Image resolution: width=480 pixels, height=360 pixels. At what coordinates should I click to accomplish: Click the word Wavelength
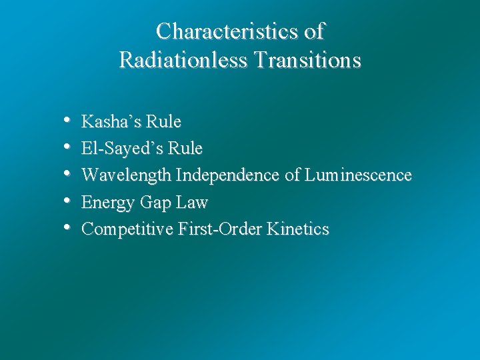point(127,175)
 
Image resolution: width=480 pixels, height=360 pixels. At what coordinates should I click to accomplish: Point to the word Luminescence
point(358,175)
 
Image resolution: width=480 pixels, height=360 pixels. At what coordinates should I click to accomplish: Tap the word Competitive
point(127,229)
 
